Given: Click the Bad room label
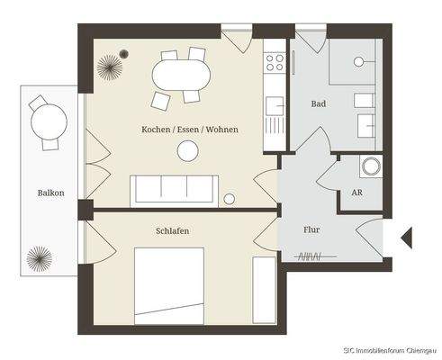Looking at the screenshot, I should tap(318, 104).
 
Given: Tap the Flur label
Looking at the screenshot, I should tap(311, 229).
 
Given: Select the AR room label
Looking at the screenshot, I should tap(357, 193).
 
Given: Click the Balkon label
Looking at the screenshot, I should tap(50, 193).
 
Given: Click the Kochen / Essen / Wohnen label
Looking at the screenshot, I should tap(189, 130).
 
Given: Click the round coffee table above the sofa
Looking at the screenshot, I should tap(188, 152).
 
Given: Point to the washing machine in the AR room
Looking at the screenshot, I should tap(371, 166).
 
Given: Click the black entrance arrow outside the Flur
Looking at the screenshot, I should tap(405, 238).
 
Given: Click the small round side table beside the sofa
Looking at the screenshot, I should tap(230, 199).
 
